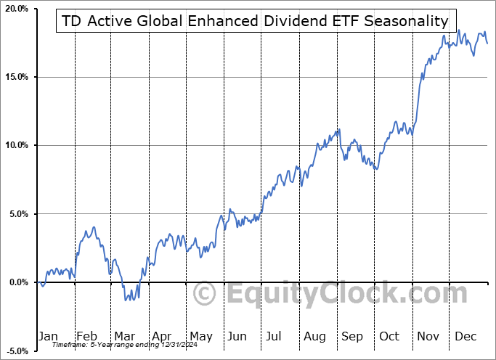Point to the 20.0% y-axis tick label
tap(16, 9)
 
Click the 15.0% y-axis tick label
tap(16, 77)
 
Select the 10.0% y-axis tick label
tap(16, 145)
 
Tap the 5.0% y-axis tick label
tap(18, 214)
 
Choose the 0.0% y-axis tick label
tap(18, 282)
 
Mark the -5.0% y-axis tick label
tap(17, 351)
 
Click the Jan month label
tap(48, 336)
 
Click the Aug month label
tap(314, 336)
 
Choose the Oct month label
tap(389, 336)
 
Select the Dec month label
tap(465, 336)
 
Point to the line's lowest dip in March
tap(126, 299)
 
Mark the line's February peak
tap(93, 227)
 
